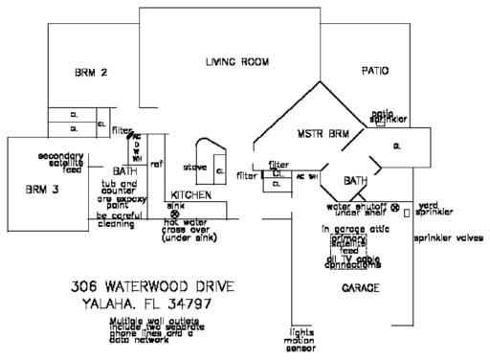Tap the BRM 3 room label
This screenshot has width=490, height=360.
point(43,190)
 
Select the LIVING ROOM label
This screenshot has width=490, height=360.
point(240,63)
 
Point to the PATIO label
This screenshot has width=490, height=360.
point(376,72)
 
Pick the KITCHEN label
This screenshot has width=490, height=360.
point(190,194)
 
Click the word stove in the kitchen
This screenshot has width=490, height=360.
point(195,167)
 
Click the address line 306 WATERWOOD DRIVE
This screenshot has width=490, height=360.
point(152,286)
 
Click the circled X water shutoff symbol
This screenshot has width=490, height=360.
point(394,204)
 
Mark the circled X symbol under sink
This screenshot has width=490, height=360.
point(174,213)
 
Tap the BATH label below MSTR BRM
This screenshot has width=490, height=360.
point(356,180)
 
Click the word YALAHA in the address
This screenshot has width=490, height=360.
point(102,304)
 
